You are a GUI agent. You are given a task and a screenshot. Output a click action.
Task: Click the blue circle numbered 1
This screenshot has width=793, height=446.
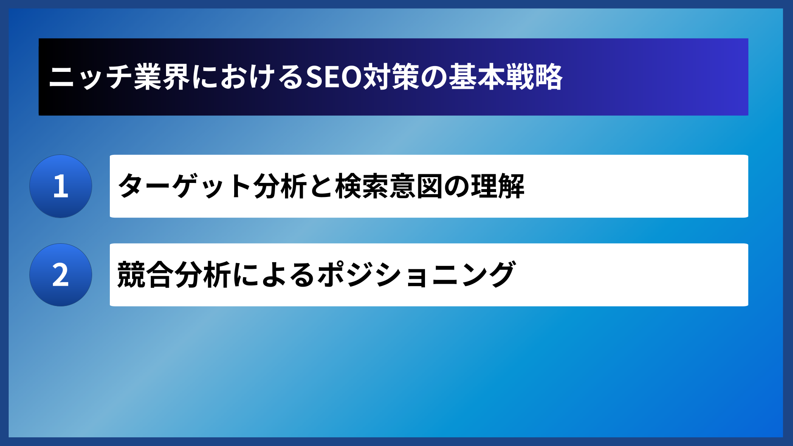tap(61, 186)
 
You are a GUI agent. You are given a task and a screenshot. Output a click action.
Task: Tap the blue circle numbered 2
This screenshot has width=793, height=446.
tap(61, 275)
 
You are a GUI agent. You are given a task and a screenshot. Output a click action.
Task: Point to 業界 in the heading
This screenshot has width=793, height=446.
tap(162, 77)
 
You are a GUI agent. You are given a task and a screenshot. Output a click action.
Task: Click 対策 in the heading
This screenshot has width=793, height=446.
tap(391, 77)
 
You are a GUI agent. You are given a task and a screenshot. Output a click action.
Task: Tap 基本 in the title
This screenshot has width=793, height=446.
tap(477, 77)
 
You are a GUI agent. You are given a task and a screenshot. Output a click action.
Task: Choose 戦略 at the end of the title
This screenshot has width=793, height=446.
tap(534, 77)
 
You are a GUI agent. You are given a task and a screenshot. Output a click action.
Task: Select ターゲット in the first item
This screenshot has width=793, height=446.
tap(184, 186)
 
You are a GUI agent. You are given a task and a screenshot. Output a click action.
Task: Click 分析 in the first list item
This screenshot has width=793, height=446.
tap(280, 186)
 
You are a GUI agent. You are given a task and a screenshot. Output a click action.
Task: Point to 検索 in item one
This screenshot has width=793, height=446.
tap(362, 186)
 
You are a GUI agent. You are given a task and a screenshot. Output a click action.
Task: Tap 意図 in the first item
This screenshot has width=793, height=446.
tap(416, 186)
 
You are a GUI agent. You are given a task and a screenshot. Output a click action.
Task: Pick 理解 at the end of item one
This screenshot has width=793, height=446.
tap(498, 186)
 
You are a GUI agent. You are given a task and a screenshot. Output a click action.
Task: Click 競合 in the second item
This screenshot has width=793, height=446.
tap(145, 275)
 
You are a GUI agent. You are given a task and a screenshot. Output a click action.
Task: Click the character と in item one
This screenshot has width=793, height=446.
tap(321, 186)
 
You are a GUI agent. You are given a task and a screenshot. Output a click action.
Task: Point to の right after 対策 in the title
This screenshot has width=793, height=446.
tap(434, 77)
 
